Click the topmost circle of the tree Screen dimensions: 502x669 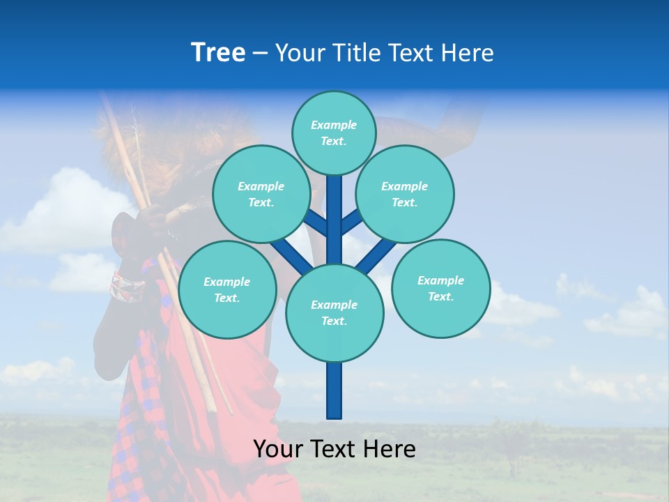(334, 133)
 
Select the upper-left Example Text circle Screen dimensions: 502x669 (261, 195)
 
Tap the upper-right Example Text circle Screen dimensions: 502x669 (404, 195)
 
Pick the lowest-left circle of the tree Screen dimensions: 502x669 (227, 290)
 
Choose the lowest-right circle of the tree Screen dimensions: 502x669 (440, 289)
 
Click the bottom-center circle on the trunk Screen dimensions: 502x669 (334, 313)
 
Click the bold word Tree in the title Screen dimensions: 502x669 (218, 52)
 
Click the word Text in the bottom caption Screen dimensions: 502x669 (333, 449)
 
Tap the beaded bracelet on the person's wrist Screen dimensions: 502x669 (126, 287)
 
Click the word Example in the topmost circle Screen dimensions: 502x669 (334, 125)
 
